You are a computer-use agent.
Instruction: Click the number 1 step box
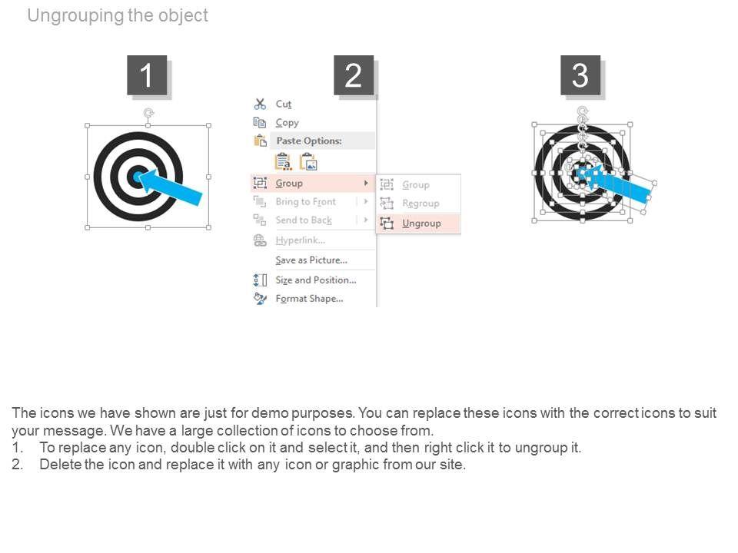(x=147, y=75)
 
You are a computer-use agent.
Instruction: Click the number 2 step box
(x=354, y=75)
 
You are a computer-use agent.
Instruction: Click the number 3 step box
(x=580, y=75)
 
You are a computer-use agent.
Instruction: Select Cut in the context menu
(x=284, y=104)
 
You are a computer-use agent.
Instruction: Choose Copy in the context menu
(x=287, y=123)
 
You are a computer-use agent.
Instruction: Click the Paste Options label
(x=309, y=141)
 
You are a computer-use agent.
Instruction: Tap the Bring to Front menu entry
(x=305, y=202)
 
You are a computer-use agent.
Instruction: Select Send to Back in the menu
(x=304, y=220)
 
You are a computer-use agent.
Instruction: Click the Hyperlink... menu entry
(x=301, y=240)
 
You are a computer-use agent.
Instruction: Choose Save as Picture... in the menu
(x=311, y=260)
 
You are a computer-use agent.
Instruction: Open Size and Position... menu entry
(x=316, y=280)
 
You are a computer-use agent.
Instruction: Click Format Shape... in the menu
(x=309, y=299)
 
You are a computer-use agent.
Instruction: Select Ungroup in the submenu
(x=421, y=224)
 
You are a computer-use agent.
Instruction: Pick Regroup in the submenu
(x=421, y=203)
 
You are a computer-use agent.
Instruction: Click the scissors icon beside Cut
(x=260, y=104)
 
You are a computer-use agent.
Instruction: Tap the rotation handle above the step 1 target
(x=148, y=113)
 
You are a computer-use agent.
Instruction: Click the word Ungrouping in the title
(x=76, y=15)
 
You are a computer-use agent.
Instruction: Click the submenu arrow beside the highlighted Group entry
(x=366, y=183)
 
